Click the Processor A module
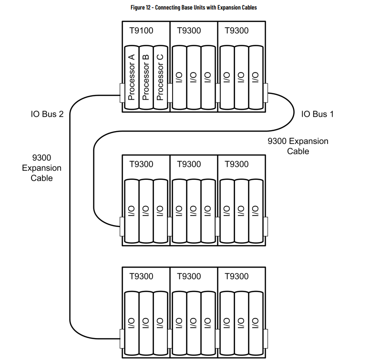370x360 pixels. pyautogui.click(x=132, y=77)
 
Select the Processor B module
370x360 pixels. pyautogui.click(x=146, y=77)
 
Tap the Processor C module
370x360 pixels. pyautogui.click(x=161, y=77)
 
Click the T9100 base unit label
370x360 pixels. pyautogui.click(x=141, y=31)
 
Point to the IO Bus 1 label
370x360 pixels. pyautogui.click(x=318, y=114)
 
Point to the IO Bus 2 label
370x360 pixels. pyautogui.click(x=47, y=114)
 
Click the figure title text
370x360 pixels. pyautogui.click(x=194, y=8)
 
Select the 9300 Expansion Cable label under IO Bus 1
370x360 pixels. pyautogui.click(x=298, y=146)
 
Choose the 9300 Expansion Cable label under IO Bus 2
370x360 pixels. pyautogui.click(x=42, y=168)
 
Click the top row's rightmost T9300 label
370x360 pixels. pyautogui.click(x=236, y=31)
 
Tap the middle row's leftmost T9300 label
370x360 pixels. pyautogui.click(x=141, y=164)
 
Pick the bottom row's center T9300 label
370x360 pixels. pyautogui.click(x=189, y=276)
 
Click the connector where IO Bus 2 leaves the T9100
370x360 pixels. pyautogui.click(x=122, y=93)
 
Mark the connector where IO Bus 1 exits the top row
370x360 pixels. pyautogui.click(x=266, y=93)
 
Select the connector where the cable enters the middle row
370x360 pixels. pyautogui.click(x=122, y=226)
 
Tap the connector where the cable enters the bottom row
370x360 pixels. pyautogui.click(x=122, y=339)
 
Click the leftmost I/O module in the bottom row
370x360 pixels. pyautogui.click(x=132, y=323)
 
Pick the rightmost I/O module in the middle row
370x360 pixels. pyautogui.click(x=256, y=211)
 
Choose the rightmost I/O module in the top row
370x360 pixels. pyautogui.click(x=256, y=77)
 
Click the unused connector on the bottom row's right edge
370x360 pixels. pyautogui.click(x=266, y=339)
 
